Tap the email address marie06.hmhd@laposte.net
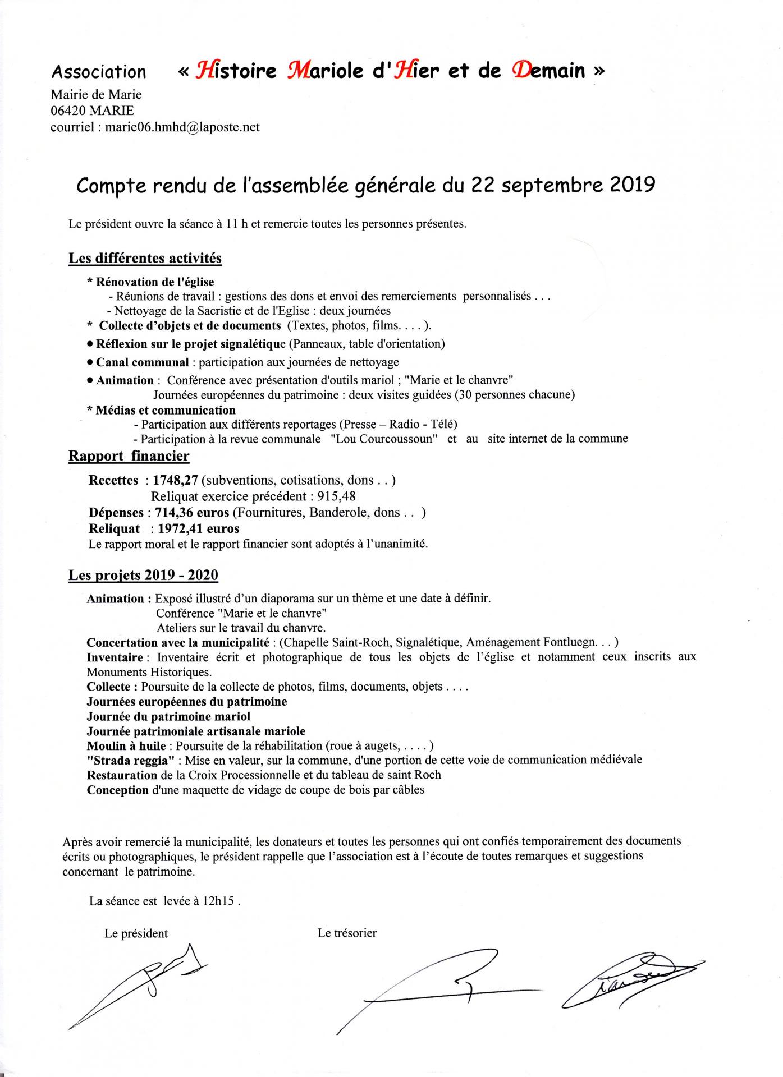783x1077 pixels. [x=182, y=127]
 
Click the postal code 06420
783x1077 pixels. [x=68, y=111]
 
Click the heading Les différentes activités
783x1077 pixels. [x=145, y=258]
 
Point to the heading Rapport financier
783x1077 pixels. [x=129, y=455]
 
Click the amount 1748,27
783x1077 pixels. [x=175, y=480]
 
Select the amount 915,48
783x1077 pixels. [x=336, y=496]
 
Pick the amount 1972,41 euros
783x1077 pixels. [x=199, y=528]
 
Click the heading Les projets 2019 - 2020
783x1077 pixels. [x=143, y=575]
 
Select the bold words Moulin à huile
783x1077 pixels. [x=126, y=745]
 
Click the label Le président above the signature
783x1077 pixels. [x=136, y=933]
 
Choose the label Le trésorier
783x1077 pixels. [x=347, y=933]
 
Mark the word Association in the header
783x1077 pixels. [x=99, y=72]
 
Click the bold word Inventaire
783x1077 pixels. [x=115, y=657]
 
